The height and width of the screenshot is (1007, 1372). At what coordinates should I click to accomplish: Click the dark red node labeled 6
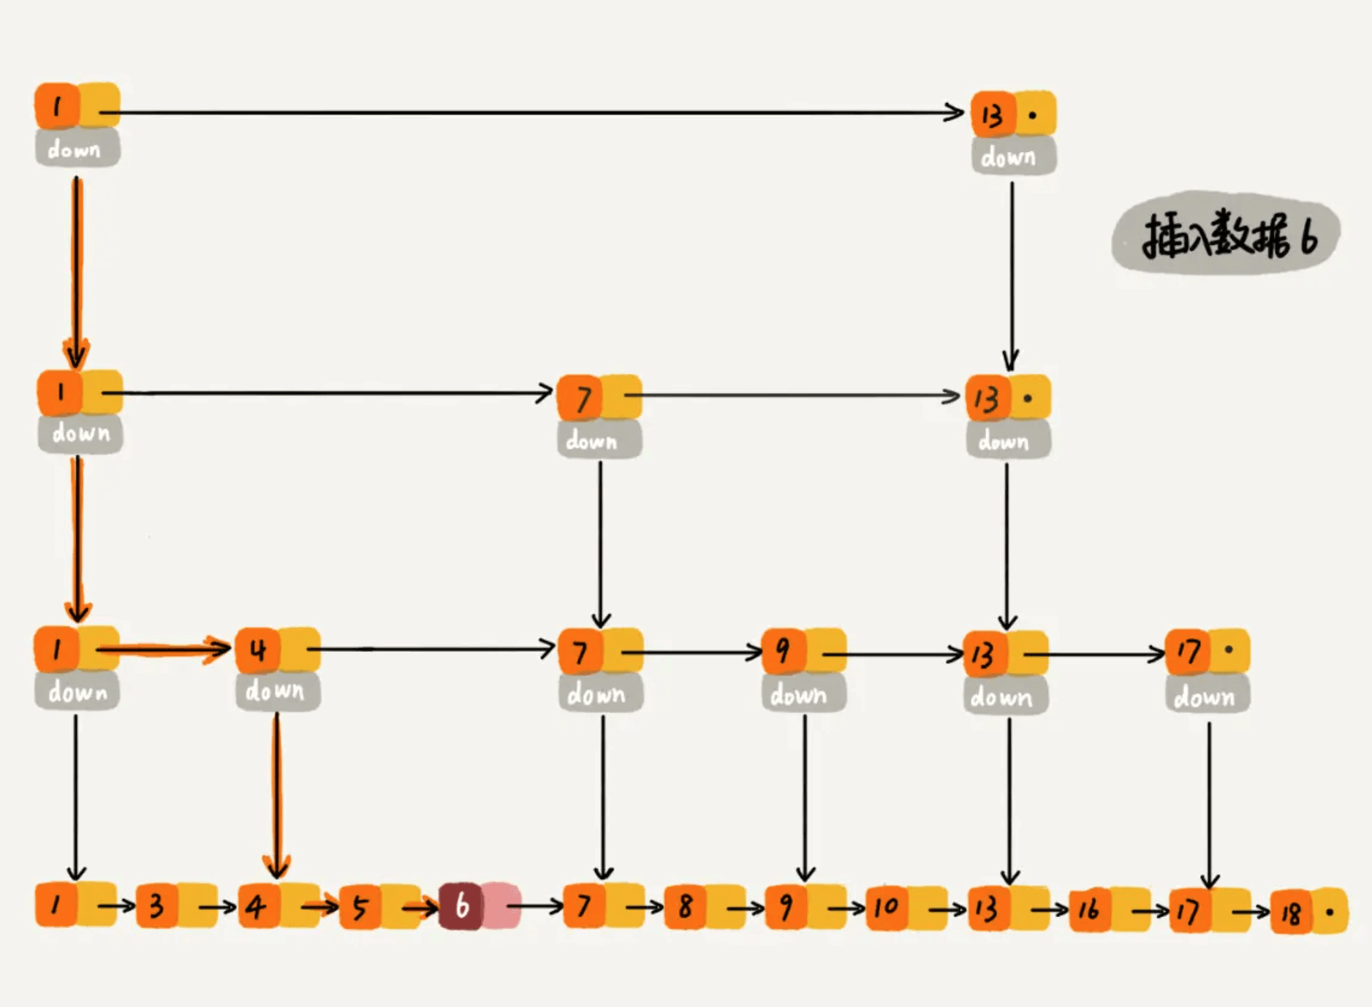(461, 906)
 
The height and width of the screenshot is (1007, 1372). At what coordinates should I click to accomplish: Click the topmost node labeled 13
(993, 115)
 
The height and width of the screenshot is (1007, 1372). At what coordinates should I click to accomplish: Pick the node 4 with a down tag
(257, 650)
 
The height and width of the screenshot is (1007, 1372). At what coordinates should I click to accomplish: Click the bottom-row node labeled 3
(156, 906)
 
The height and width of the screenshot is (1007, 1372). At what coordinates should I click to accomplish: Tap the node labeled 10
(886, 908)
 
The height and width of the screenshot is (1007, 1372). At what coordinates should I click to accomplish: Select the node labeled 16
(1089, 910)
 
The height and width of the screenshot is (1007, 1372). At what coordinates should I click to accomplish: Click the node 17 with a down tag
(1188, 651)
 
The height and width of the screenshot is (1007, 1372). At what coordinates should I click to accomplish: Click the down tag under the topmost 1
(77, 149)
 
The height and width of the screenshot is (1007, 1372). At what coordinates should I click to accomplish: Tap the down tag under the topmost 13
(1012, 157)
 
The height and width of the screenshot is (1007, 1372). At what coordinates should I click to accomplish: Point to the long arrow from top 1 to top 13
(534, 113)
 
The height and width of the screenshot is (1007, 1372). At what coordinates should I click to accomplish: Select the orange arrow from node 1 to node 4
(164, 649)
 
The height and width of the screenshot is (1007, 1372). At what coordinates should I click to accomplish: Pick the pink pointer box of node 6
(501, 906)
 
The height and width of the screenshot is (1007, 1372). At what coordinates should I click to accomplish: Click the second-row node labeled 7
(580, 398)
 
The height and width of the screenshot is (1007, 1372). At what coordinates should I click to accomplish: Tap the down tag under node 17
(1206, 697)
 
